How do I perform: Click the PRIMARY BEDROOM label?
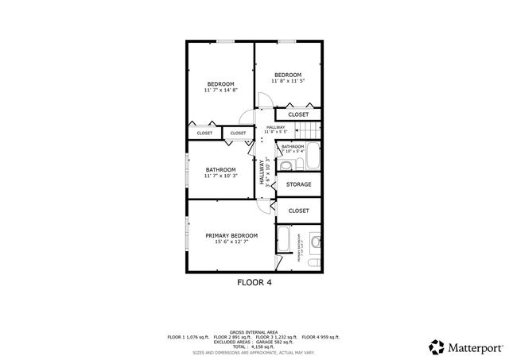coord(231,235)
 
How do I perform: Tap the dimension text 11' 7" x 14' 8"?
coord(220,91)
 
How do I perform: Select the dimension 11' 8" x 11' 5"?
coord(288,81)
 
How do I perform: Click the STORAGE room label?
coord(298,184)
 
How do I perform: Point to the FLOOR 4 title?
coord(254,282)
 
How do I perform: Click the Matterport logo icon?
coord(437,346)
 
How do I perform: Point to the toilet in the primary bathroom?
coord(316,241)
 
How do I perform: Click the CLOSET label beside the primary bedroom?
coord(298,211)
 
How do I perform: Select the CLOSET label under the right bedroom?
coord(298,114)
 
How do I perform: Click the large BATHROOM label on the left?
coord(220,169)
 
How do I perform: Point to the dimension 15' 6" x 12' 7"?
coord(231,242)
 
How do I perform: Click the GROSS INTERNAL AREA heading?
coord(253,331)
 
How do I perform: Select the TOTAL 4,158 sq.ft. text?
coord(253,346)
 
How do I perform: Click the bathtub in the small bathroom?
coord(312,157)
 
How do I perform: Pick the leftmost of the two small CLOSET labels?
coord(204,133)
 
